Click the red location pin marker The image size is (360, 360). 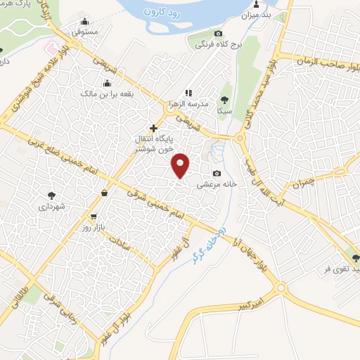(181, 165)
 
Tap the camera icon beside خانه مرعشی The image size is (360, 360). (217, 174)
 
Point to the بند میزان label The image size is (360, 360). (256, 14)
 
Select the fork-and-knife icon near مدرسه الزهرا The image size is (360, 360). (188, 93)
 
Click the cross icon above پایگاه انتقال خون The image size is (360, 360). (153, 128)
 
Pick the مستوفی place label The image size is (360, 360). (85, 32)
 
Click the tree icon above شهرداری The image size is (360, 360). (52, 195)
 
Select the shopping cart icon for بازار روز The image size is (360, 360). (94, 217)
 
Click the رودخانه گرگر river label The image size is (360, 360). (203, 242)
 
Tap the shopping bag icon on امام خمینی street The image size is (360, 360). (105, 193)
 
